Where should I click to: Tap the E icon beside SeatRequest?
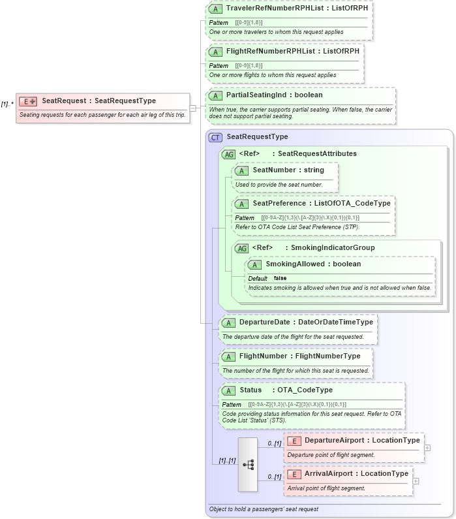click(28, 101)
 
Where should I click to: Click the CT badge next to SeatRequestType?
click(215, 137)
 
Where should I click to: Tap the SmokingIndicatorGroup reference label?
click(332, 247)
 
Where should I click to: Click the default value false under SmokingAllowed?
click(280, 278)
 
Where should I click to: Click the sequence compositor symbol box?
click(248, 464)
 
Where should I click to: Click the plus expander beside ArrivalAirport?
click(416, 481)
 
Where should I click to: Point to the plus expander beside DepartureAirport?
click(427, 448)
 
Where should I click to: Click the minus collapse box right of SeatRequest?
click(192, 108)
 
